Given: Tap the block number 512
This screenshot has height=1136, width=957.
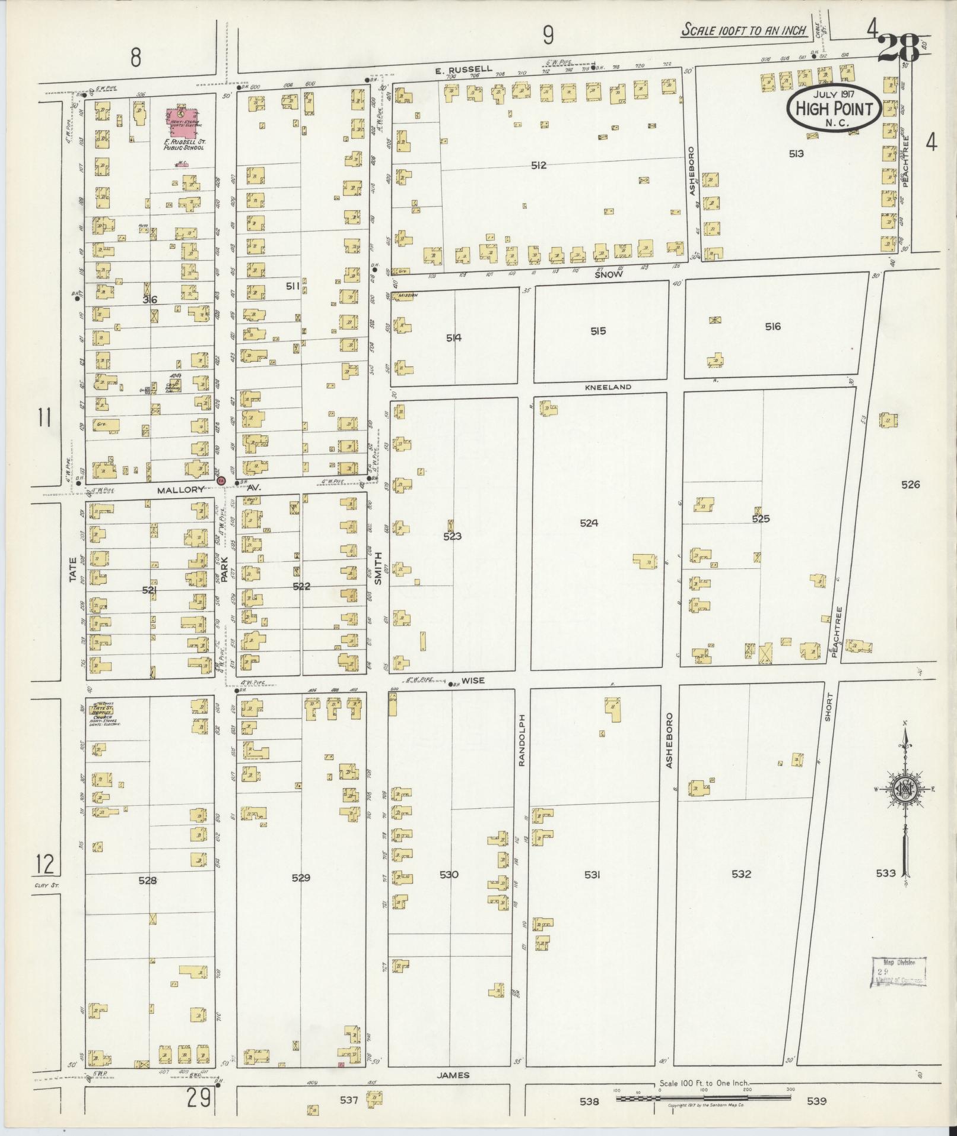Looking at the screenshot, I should click(x=538, y=166).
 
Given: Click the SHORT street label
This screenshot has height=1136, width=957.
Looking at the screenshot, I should click(x=829, y=707).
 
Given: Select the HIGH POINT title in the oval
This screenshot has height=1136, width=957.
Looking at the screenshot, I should click(x=834, y=109).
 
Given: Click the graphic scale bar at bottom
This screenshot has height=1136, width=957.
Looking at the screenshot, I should click(x=703, y=1099).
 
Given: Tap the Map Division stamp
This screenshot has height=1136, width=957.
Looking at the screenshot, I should click(x=898, y=972).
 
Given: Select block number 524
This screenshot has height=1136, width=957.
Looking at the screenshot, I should click(x=589, y=523).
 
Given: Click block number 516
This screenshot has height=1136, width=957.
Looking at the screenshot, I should click(x=772, y=326).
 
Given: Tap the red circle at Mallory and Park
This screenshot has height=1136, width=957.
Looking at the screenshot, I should click(x=221, y=480).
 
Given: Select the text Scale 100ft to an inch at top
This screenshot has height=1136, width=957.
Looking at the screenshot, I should click(x=744, y=30).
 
